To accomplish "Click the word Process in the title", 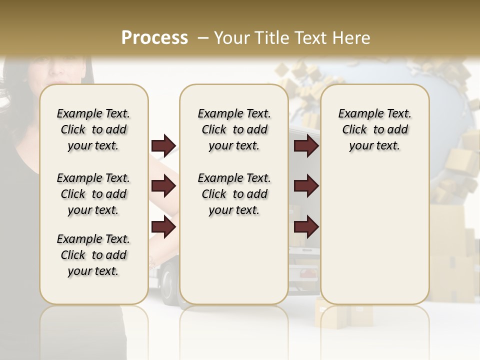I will [x=154, y=37].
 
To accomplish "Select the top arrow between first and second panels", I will [x=163, y=146].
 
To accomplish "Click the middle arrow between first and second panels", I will [x=163, y=186].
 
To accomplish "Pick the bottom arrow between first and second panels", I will [x=163, y=227].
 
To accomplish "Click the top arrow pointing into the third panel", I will [x=306, y=146].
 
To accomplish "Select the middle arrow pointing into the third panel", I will [x=306, y=186].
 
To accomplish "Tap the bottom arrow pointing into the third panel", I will [x=306, y=227].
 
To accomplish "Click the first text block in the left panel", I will [x=93, y=129].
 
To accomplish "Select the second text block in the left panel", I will [x=93, y=194].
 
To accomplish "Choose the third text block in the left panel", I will [x=93, y=255].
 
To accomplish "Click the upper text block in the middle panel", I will [x=234, y=129].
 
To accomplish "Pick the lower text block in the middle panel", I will [x=234, y=194].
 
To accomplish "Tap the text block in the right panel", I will [x=374, y=129].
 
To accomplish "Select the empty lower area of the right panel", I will [x=374, y=235].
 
